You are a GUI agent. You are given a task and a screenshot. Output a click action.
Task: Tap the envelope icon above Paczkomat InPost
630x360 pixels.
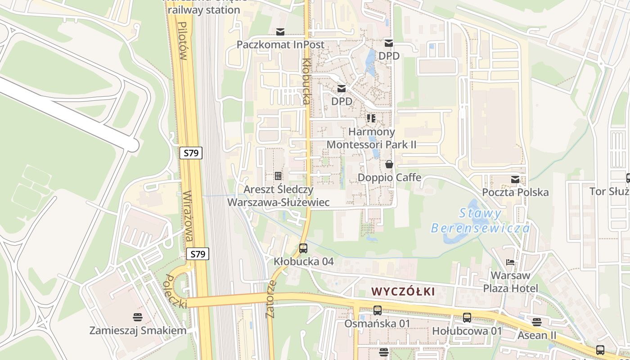tap(280, 31)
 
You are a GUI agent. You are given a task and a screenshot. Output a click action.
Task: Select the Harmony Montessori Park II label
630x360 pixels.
tap(371, 138)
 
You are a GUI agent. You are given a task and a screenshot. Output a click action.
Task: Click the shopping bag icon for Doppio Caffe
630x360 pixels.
tap(389, 164)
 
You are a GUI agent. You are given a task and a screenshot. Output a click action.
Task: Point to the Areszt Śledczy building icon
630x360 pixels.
tap(278, 175)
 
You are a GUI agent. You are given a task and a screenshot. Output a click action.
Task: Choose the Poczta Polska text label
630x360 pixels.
tap(515, 192)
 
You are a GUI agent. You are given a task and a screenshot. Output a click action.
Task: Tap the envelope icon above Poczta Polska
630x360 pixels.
tap(515, 180)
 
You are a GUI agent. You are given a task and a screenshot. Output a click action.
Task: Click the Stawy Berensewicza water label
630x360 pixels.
tap(481, 220)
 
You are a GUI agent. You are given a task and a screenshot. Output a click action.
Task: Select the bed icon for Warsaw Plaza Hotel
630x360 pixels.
tap(510, 262)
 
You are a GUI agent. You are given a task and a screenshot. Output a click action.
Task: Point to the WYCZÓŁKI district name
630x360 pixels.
tap(404, 292)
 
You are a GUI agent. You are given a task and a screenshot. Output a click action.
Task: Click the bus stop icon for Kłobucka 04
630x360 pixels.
tap(303, 248)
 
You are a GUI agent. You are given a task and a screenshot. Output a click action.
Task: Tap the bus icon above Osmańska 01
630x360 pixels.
tap(377, 310)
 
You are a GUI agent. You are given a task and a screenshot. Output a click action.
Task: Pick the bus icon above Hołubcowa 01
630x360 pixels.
tap(467, 318)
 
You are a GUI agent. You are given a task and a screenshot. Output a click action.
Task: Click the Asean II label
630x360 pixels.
tap(536, 335)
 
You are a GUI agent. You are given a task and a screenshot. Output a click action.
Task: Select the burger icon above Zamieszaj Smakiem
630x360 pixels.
tap(138, 317)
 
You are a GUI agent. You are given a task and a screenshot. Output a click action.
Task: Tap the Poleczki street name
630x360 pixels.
tap(176, 291)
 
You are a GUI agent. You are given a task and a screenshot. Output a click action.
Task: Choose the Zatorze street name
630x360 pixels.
tap(270, 300)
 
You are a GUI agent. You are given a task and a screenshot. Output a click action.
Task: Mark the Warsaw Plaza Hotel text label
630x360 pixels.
tap(510, 282)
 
